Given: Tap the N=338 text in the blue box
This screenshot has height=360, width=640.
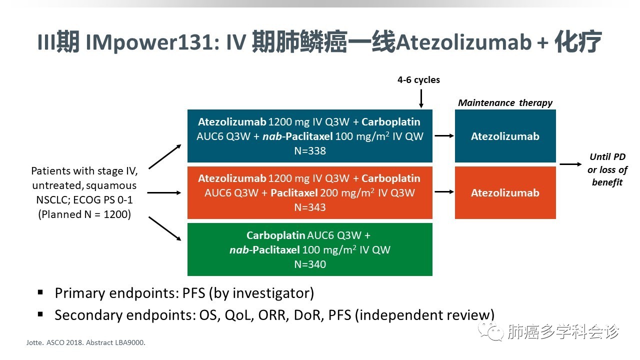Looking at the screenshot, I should (x=309, y=150).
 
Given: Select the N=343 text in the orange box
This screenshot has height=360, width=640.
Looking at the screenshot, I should (x=309, y=207).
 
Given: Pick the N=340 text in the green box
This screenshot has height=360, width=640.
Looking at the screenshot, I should (x=309, y=264).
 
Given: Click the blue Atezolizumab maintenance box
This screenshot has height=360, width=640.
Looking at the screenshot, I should (x=505, y=136).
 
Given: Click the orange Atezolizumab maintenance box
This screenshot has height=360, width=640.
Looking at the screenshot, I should (x=505, y=192).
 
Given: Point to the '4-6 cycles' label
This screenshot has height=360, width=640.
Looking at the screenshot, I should (x=418, y=80).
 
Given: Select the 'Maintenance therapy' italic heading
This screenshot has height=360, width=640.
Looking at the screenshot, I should (x=505, y=103).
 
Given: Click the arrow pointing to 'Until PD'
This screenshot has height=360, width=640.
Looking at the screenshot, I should (x=570, y=164).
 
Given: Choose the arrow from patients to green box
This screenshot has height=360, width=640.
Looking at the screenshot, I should (x=164, y=229).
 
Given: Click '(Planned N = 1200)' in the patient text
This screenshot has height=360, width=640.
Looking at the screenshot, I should (x=84, y=214).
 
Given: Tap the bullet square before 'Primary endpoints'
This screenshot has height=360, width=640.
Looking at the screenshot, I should (x=40, y=292).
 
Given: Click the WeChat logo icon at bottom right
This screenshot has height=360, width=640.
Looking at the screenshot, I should (x=488, y=331).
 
